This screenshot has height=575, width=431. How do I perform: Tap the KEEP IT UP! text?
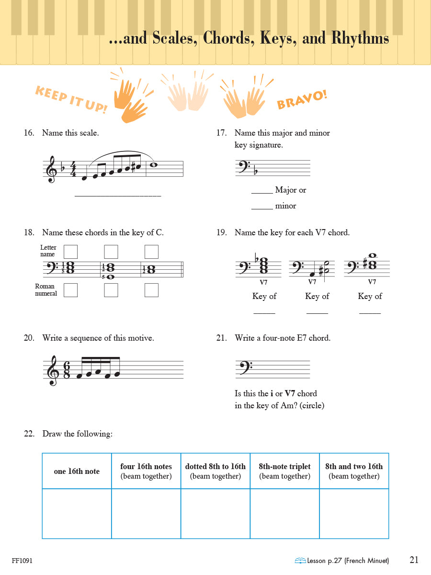point(71,99)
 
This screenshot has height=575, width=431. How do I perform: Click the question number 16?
point(29,133)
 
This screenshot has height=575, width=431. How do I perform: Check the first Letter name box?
point(70,252)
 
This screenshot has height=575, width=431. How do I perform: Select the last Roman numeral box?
point(151,290)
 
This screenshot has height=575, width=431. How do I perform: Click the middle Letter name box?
point(111,252)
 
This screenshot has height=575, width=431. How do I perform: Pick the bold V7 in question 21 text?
point(290,393)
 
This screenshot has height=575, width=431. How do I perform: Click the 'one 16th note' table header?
point(77,471)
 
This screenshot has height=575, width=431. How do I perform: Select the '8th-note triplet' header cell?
point(284,471)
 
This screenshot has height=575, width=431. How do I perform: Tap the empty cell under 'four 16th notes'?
point(146,513)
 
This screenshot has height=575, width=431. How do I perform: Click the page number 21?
point(414,560)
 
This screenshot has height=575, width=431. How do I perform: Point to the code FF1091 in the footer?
point(22,561)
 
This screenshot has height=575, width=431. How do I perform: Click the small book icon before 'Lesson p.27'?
point(300,561)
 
